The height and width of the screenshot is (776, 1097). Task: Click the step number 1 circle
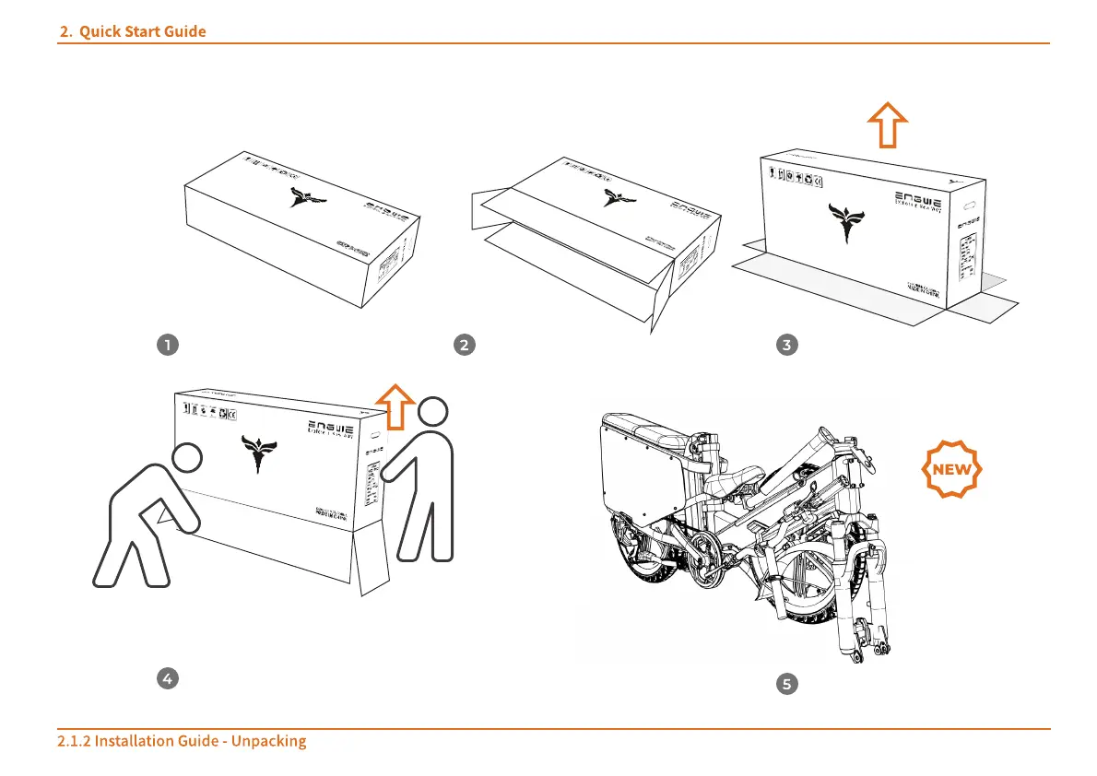click(166, 346)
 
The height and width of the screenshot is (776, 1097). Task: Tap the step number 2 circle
click(465, 346)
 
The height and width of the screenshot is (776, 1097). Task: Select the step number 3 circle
click(786, 346)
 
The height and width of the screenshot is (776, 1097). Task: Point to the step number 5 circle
click(786, 684)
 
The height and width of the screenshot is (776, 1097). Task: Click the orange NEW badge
click(952, 468)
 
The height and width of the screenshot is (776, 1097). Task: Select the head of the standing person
click(431, 411)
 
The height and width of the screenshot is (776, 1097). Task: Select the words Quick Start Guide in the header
click(142, 32)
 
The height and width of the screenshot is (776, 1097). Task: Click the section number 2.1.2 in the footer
click(73, 741)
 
